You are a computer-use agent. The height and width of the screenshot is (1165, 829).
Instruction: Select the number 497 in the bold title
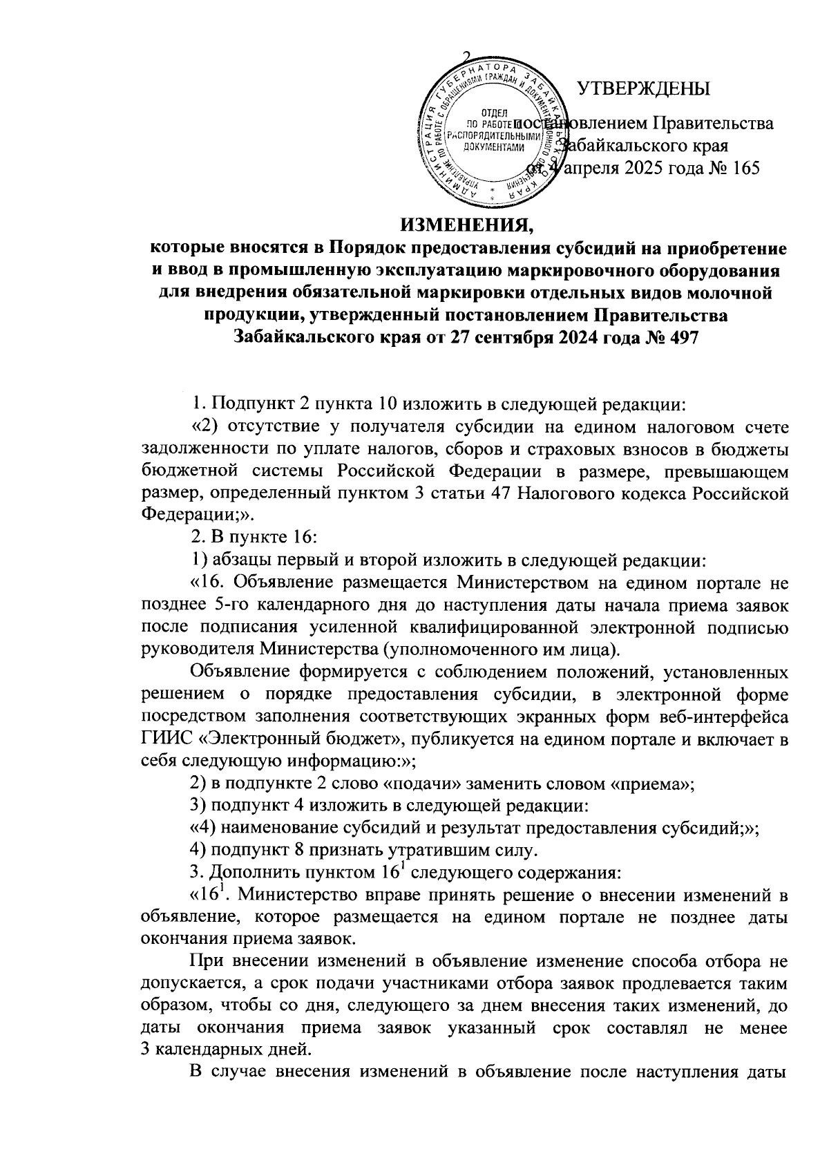(679, 338)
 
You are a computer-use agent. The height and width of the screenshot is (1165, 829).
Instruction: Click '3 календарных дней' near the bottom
(225, 1050)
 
